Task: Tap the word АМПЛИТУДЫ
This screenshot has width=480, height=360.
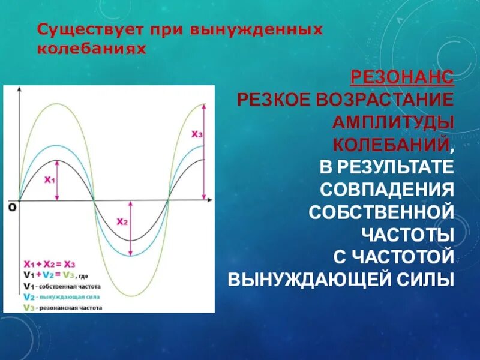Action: (394, 122)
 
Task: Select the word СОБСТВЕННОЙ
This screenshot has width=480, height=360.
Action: (380, 212)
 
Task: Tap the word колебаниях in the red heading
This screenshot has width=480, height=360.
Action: (91, 48)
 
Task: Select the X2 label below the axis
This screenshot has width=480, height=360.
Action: (122, 221)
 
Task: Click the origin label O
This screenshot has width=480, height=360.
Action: (11, 208)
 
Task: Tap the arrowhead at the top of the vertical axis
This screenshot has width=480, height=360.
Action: (20, 91)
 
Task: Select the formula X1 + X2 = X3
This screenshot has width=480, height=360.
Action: (49, 264)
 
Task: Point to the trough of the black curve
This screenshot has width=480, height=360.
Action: (131, 241)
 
